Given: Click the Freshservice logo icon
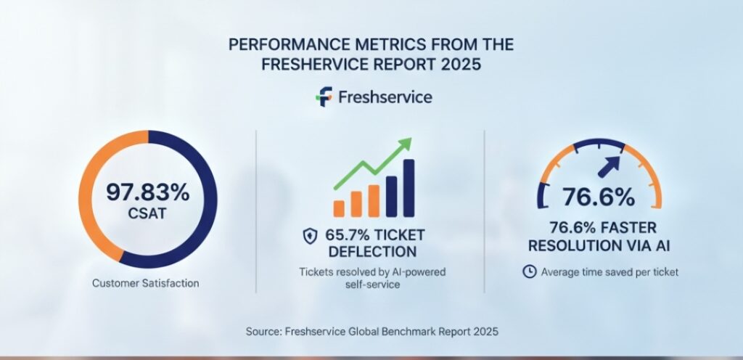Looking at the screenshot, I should [324, 97].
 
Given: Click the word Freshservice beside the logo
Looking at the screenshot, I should [385, 97].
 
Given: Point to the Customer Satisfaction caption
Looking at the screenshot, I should [145, 283].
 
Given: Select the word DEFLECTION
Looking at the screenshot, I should [372, 252].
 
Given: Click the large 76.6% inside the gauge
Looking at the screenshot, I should [599, 196].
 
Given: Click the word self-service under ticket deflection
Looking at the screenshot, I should [372, 285].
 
